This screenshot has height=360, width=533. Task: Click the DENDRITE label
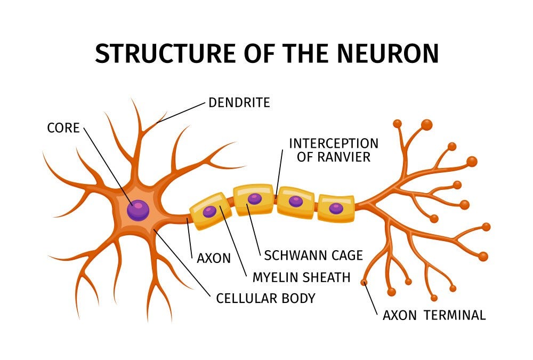[x=239, y=102]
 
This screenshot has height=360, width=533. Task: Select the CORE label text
[x=63, y=128]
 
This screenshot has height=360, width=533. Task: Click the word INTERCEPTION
[x=334, y=143]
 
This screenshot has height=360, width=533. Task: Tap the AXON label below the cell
[x=214, y=259]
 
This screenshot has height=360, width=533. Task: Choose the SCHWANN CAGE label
[x=313, y=255]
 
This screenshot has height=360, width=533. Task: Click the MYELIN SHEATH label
[x=301, y=277]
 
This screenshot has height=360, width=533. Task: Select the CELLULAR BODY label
[x=265, y=298]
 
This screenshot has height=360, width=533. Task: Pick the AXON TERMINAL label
[x=434, y=315]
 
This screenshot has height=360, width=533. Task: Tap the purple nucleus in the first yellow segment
[x=210, y=211]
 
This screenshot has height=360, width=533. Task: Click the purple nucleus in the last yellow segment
[x=336, y=209]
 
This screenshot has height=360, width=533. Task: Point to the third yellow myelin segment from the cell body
[x=295, y=202]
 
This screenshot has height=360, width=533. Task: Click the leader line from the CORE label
[x=107, y=165]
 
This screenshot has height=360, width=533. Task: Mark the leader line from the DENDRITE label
[x=181, y=112]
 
